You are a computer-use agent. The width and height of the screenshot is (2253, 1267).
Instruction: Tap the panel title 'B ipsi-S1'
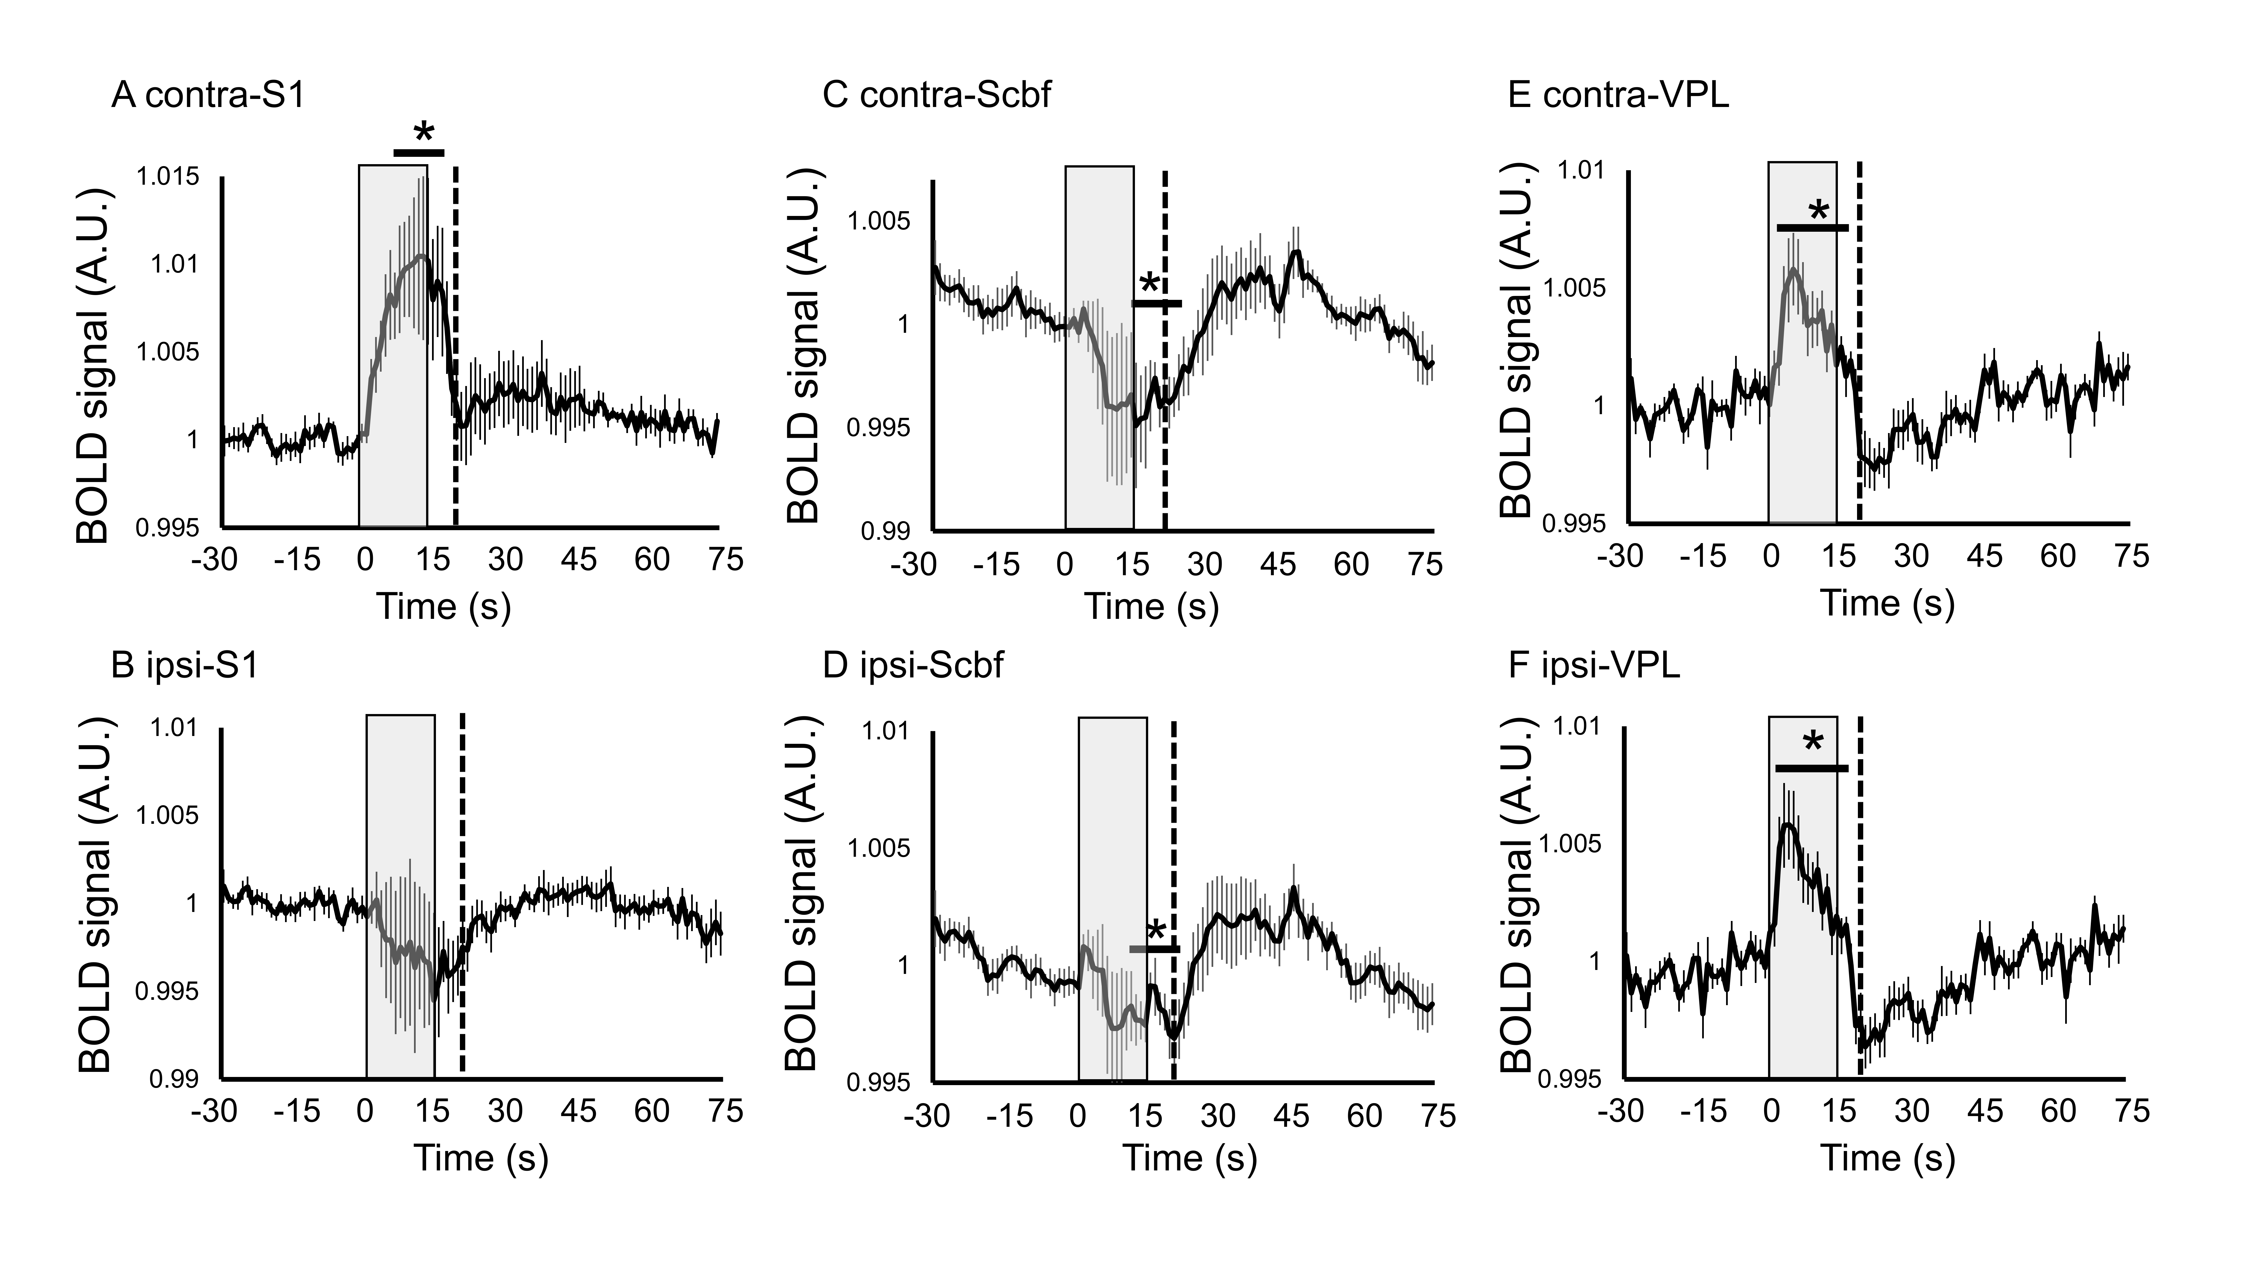(x=185, y=666)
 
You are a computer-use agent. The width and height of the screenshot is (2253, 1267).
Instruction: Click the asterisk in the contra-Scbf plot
(x=1149, y=284)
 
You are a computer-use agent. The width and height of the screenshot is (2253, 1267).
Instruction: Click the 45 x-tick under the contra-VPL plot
(x=1985, y=556)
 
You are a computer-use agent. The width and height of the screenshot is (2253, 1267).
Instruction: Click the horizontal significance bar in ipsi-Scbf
(x=1154, y=949)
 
